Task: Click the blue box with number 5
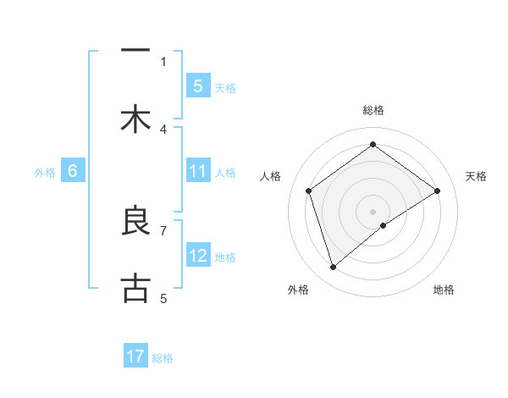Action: coord(197,86)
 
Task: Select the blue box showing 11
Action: coord(197,171)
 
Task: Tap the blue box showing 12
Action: coord(197,256)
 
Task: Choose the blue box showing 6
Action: coord(73,171)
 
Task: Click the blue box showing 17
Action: coord(135,357)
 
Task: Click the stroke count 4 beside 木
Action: coord(163,129)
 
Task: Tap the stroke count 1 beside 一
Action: coord(163,61)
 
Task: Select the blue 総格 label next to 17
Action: coord(163,358)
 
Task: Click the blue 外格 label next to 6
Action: coord(45,172)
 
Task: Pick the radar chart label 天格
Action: coord(476,176)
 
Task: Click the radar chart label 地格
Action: coord(444,290)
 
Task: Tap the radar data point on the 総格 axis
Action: coord(373,145)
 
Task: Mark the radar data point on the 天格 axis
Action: coord(438,191)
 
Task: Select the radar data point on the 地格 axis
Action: coord(384,225)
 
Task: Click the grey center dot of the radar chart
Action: coord(373,211)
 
